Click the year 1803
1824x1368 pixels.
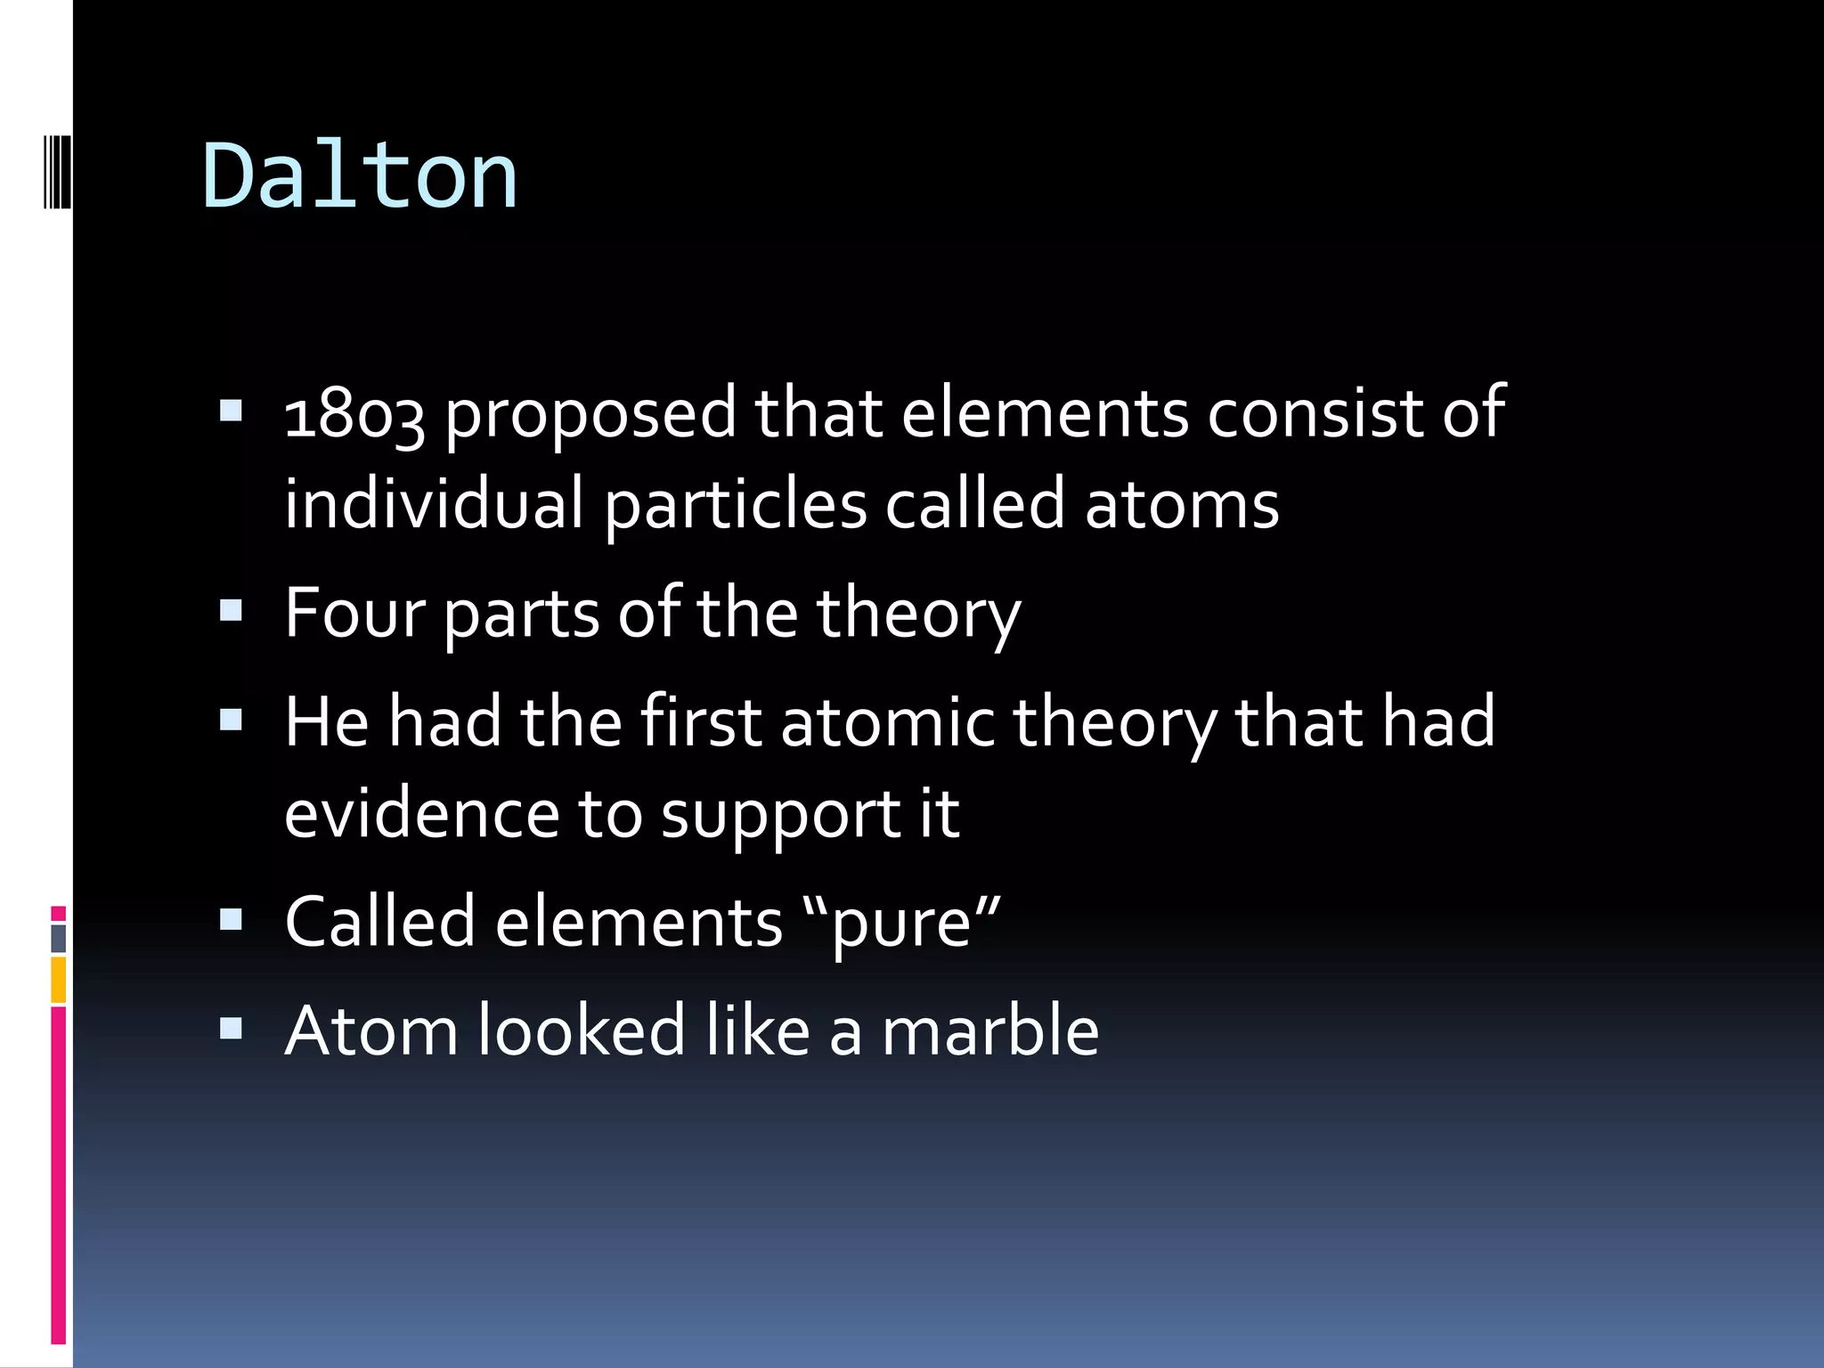(354, 415)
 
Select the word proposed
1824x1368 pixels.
(590, 415)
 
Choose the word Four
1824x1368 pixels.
(354, 613)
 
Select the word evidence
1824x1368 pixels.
(421, 814)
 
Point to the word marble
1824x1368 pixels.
(989, 1031)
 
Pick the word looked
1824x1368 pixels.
(582, 1031)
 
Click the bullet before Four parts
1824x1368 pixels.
(231, 611)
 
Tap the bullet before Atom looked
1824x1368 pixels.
(231, 1030)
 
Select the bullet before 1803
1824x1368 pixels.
(231, 411)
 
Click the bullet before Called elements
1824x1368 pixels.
(231, 919)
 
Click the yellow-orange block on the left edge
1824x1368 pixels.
(58, 980)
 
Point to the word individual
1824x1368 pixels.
(434, 504)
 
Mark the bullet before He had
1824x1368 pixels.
(231, 719)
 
